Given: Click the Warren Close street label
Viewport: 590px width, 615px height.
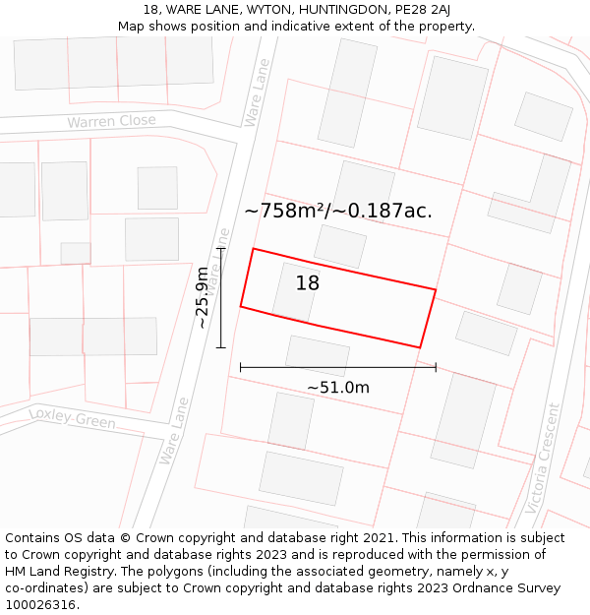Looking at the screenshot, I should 111,122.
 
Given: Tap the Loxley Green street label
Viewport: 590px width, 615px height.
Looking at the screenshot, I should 72,418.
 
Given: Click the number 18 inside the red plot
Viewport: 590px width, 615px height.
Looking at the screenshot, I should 307,283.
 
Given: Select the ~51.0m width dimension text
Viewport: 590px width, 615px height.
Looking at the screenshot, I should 337,388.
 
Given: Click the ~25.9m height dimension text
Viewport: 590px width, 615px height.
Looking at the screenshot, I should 203,297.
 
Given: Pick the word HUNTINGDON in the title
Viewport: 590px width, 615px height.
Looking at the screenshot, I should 324,9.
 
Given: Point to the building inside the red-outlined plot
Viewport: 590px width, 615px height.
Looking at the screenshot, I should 296,292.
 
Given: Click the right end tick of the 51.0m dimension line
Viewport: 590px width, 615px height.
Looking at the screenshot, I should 436,367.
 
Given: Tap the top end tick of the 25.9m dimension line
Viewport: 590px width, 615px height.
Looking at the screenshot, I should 221,249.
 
